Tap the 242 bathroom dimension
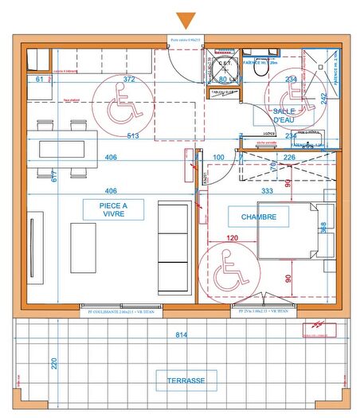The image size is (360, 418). pyautogui.click(x=323, y=99)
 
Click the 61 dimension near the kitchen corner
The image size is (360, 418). pyautogui.click(x=40, y=80)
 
